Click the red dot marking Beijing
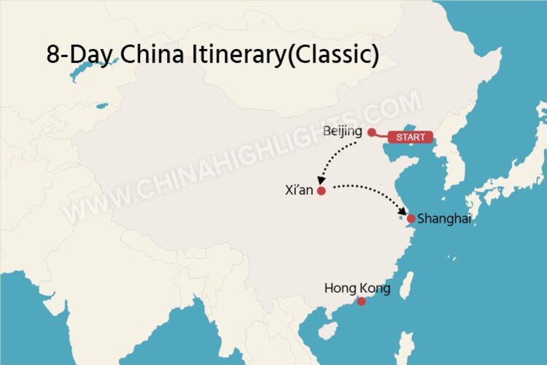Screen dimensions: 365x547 [371, 132]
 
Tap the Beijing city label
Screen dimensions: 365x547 [342, 131]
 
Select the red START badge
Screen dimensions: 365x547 [410, 137]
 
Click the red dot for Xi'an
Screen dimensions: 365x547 [321, 190]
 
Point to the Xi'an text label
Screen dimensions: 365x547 [299, 190]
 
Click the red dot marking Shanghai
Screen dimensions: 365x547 [411, 218]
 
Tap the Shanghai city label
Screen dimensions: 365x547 [444, 219]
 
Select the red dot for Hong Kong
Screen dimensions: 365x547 [361, 301]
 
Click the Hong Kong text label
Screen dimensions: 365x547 [357, 288]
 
